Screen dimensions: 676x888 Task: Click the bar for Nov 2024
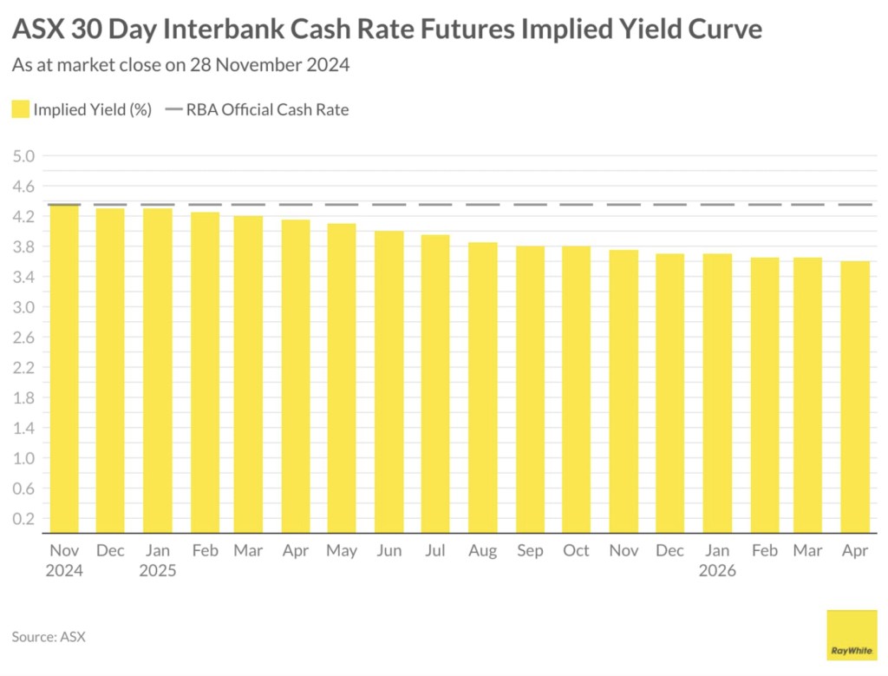pos(64,369)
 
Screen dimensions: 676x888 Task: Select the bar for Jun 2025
pos(388,382)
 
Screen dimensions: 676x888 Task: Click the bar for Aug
pos(482,387)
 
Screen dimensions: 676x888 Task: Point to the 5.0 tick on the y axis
pos(24,156)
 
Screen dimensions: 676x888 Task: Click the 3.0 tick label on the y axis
pos(24,307)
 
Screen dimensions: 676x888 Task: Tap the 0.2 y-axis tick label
pos(24,519)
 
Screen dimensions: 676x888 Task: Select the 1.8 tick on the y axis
pos(24,398)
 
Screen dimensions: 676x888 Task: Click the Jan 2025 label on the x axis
pos(157,561)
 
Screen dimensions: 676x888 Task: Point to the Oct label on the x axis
pos(576,551)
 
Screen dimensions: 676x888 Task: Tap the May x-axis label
pos(342,551)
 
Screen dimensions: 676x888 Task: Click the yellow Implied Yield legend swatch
pos(21,109)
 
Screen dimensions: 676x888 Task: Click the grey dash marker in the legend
pos(173,109)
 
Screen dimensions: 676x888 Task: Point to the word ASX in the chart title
pos(41,30)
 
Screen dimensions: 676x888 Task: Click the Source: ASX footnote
pos(49,637)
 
